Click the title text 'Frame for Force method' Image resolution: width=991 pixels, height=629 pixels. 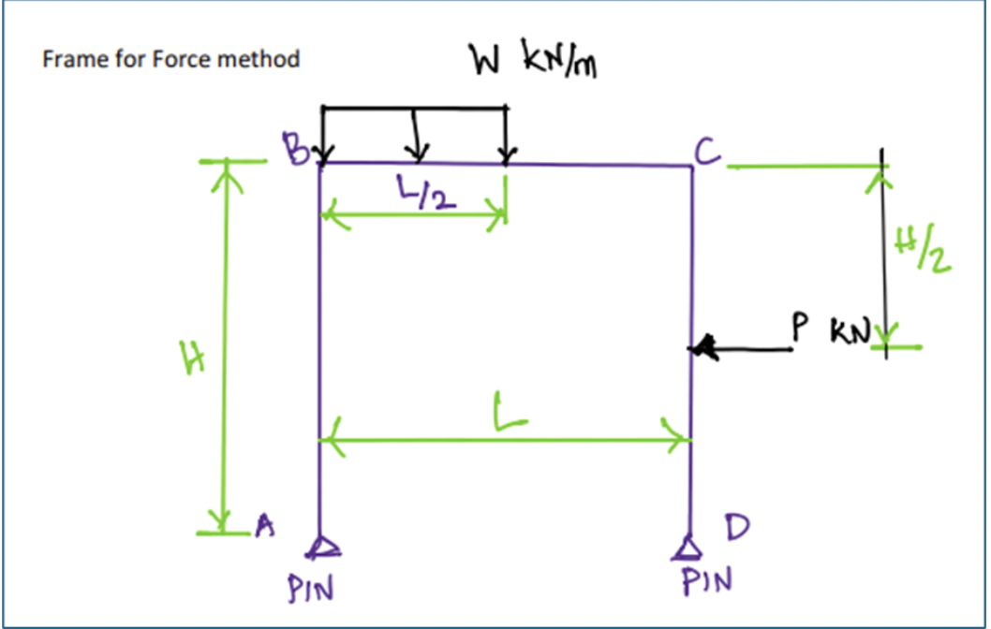click(x=171, y=60)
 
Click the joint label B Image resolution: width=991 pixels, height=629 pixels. click(x=293, y=147)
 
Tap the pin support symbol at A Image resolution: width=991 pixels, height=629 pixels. click(x=321, y=547)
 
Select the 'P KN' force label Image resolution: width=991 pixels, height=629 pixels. click(x=832, y=330)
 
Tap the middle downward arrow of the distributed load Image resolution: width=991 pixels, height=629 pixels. click(x=418, y=149)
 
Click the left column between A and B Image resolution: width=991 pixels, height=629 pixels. click(x=320, y=356)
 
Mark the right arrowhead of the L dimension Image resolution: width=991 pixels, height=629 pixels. click(x=682, y=439)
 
